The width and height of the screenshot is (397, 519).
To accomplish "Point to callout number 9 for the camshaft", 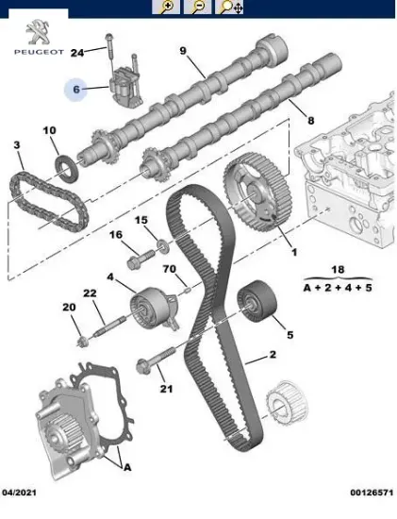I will [182, 49].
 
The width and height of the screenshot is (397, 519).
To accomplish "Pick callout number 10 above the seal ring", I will [50, 130].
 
